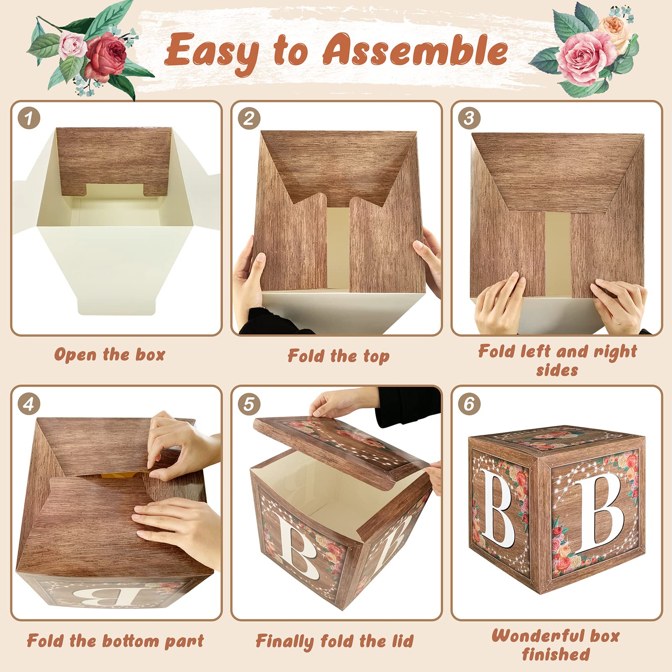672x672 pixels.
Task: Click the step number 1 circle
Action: coord(29,118)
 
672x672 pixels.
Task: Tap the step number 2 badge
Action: coord(249,118)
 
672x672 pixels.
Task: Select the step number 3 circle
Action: coord(469,118)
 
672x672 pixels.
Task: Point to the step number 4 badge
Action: coord(29,404)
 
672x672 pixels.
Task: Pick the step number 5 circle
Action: coord(249,404)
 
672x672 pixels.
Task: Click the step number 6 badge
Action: coord(469,404)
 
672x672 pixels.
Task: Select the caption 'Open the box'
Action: coord(110,355)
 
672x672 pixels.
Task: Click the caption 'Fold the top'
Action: coord(339,356)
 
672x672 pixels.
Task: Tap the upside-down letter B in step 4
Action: coord(110,596)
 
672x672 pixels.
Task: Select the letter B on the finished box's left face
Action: coord(498,507)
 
